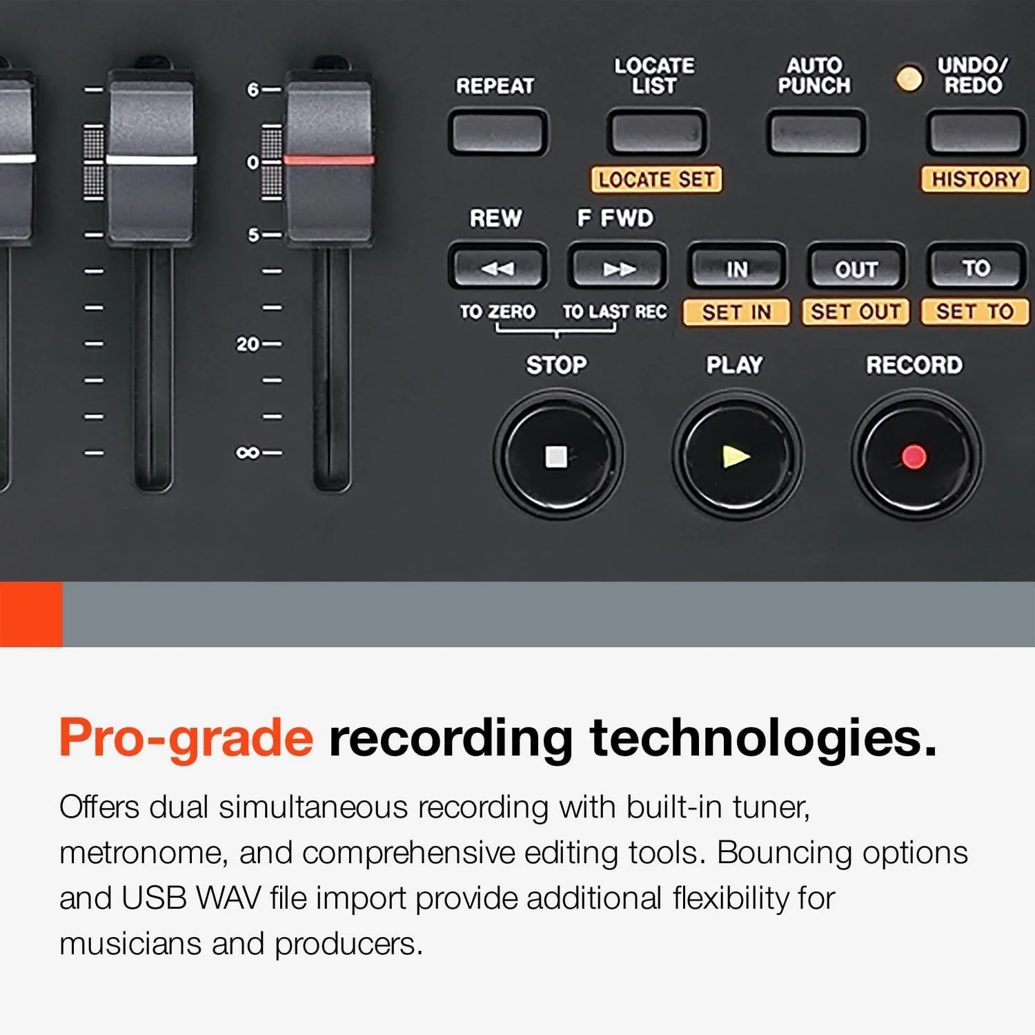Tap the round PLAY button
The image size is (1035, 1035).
[737, 456]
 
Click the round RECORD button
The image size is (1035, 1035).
[916, 456]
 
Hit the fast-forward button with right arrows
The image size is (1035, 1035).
[618, 267]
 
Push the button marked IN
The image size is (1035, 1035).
[737, 267]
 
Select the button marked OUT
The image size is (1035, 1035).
[856, 267]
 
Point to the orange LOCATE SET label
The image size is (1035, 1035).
[656, 179]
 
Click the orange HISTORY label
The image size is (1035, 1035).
[975, 179]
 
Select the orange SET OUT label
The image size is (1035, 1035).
[856, 312]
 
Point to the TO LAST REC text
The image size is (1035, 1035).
[615, 312]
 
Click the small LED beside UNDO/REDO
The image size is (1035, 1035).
[909, 78]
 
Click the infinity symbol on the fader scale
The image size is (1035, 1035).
[247, 453]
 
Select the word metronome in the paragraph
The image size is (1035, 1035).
[141, 854]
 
